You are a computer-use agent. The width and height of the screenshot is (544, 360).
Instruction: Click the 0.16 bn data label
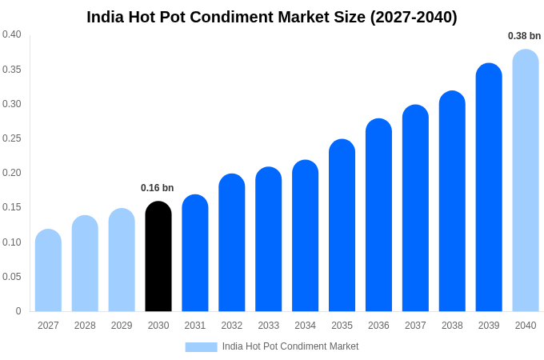pyautogui.click(x=157, y=188)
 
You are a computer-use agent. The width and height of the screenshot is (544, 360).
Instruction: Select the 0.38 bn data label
pyautogui.click(x=524, y=36)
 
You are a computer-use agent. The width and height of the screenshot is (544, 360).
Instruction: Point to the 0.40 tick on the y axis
pyautogui.click(x=12, y=34)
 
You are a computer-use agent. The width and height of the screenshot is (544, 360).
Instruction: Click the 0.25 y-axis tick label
pyautogui.click(x=12, y=138)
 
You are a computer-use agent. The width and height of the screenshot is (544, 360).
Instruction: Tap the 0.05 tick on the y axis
pyautogui.click(x=12, y=277)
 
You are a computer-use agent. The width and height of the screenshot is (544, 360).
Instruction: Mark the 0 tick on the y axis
pyautogui.click(x=18, y=311)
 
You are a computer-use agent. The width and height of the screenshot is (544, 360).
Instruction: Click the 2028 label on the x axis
pyautogui.click(x=85, y=326)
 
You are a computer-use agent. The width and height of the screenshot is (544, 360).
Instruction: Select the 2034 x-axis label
pyautogui.click(x=305, y=326)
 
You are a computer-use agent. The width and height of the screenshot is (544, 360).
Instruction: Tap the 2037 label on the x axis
pyautogui.click(x=415, y=326)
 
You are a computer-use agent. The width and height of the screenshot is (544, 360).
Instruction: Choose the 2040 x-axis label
pyautogui.click(x=526, y=326)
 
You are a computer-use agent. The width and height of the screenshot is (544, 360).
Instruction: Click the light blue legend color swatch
pyautogui.click(x=201, y=346)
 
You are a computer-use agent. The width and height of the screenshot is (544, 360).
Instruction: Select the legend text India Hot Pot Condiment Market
pyautogui.click(x=290, y=346)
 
